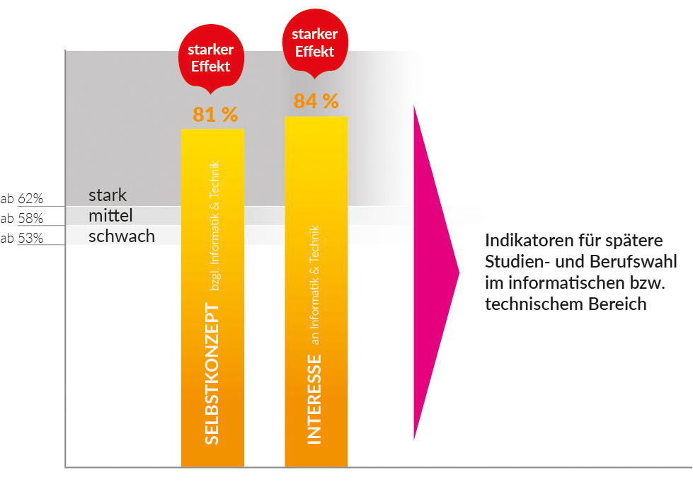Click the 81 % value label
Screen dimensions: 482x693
click(215, 115)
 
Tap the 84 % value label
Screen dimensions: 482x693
click(316, 101)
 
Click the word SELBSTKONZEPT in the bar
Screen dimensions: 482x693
click(211, 373)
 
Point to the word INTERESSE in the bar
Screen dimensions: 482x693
click(314, 399)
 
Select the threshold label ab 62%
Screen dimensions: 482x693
click(22, 198)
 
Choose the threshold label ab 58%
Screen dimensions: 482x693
click(22, 218)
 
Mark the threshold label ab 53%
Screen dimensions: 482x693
click(22, 239)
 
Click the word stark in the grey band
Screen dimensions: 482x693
click(108, 195)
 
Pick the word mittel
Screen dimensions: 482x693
click(111, 215)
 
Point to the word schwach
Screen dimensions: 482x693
click(122, 236)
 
